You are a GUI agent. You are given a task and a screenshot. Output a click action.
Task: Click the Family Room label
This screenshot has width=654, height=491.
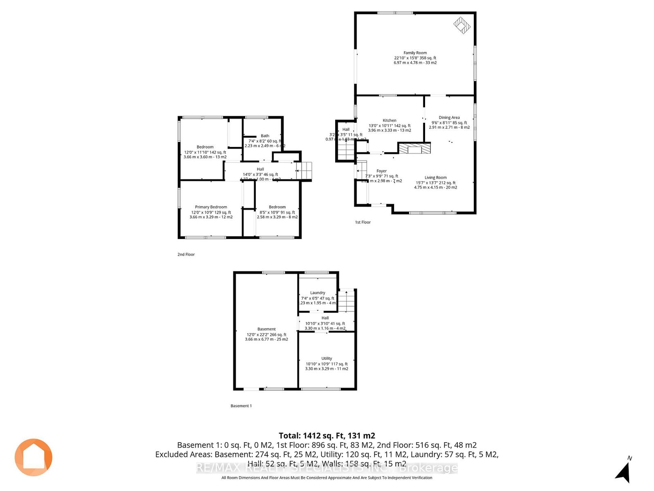point(415,53)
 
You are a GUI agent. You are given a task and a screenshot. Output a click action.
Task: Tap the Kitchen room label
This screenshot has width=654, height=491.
point(389,121)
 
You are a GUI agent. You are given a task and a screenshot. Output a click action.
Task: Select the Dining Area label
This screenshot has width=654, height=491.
point(449,118)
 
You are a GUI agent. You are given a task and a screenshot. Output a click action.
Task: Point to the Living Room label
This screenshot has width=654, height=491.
point(435,178)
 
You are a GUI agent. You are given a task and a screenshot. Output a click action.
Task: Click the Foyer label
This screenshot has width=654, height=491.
point(381,171)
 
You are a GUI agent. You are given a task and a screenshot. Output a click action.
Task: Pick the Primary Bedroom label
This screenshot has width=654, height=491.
point(211,207)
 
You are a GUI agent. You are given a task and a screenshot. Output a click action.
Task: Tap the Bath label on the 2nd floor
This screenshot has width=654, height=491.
point(265,136)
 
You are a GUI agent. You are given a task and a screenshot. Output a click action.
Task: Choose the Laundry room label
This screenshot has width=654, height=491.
point(318,293)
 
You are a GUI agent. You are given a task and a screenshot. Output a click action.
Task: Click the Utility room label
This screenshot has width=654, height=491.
point(327,358)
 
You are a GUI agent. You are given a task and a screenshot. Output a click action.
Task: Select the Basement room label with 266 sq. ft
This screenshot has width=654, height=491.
point(267,329)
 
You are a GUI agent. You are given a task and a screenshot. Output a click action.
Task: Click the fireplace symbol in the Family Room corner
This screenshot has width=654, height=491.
point(462,25)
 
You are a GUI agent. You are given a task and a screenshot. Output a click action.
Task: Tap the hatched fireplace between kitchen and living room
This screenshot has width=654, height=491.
point(414,148)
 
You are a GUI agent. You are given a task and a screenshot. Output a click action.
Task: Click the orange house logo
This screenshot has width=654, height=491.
point(34,457)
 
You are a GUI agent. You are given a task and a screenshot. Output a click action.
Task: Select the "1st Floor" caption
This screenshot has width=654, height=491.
point(363,222)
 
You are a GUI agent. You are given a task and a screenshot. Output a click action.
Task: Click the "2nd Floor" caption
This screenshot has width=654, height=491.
point(186,255)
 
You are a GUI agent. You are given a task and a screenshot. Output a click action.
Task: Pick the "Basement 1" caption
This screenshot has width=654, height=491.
point(241,406)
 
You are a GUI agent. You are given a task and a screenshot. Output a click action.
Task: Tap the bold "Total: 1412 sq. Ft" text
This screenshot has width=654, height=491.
point(327,436)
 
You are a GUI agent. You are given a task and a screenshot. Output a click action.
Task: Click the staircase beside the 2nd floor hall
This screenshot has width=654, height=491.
point(304,171)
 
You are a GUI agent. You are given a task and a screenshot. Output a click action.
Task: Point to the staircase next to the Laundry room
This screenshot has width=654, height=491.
point(347,301)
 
